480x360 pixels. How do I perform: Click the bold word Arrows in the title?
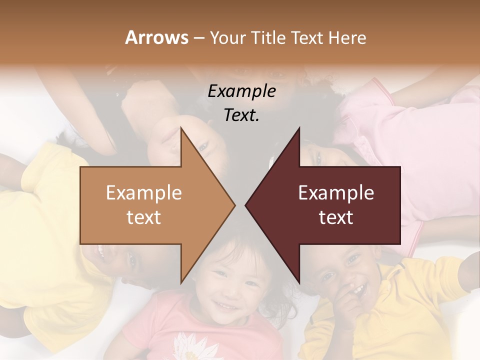156,37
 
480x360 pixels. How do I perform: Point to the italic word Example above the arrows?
241,91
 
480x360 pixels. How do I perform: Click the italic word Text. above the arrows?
241,115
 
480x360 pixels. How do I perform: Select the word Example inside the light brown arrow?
143,193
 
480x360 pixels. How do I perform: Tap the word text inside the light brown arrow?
143,217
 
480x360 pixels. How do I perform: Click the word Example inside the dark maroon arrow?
336,193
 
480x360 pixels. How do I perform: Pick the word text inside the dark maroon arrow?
336,217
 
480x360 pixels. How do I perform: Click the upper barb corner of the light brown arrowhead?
181,128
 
